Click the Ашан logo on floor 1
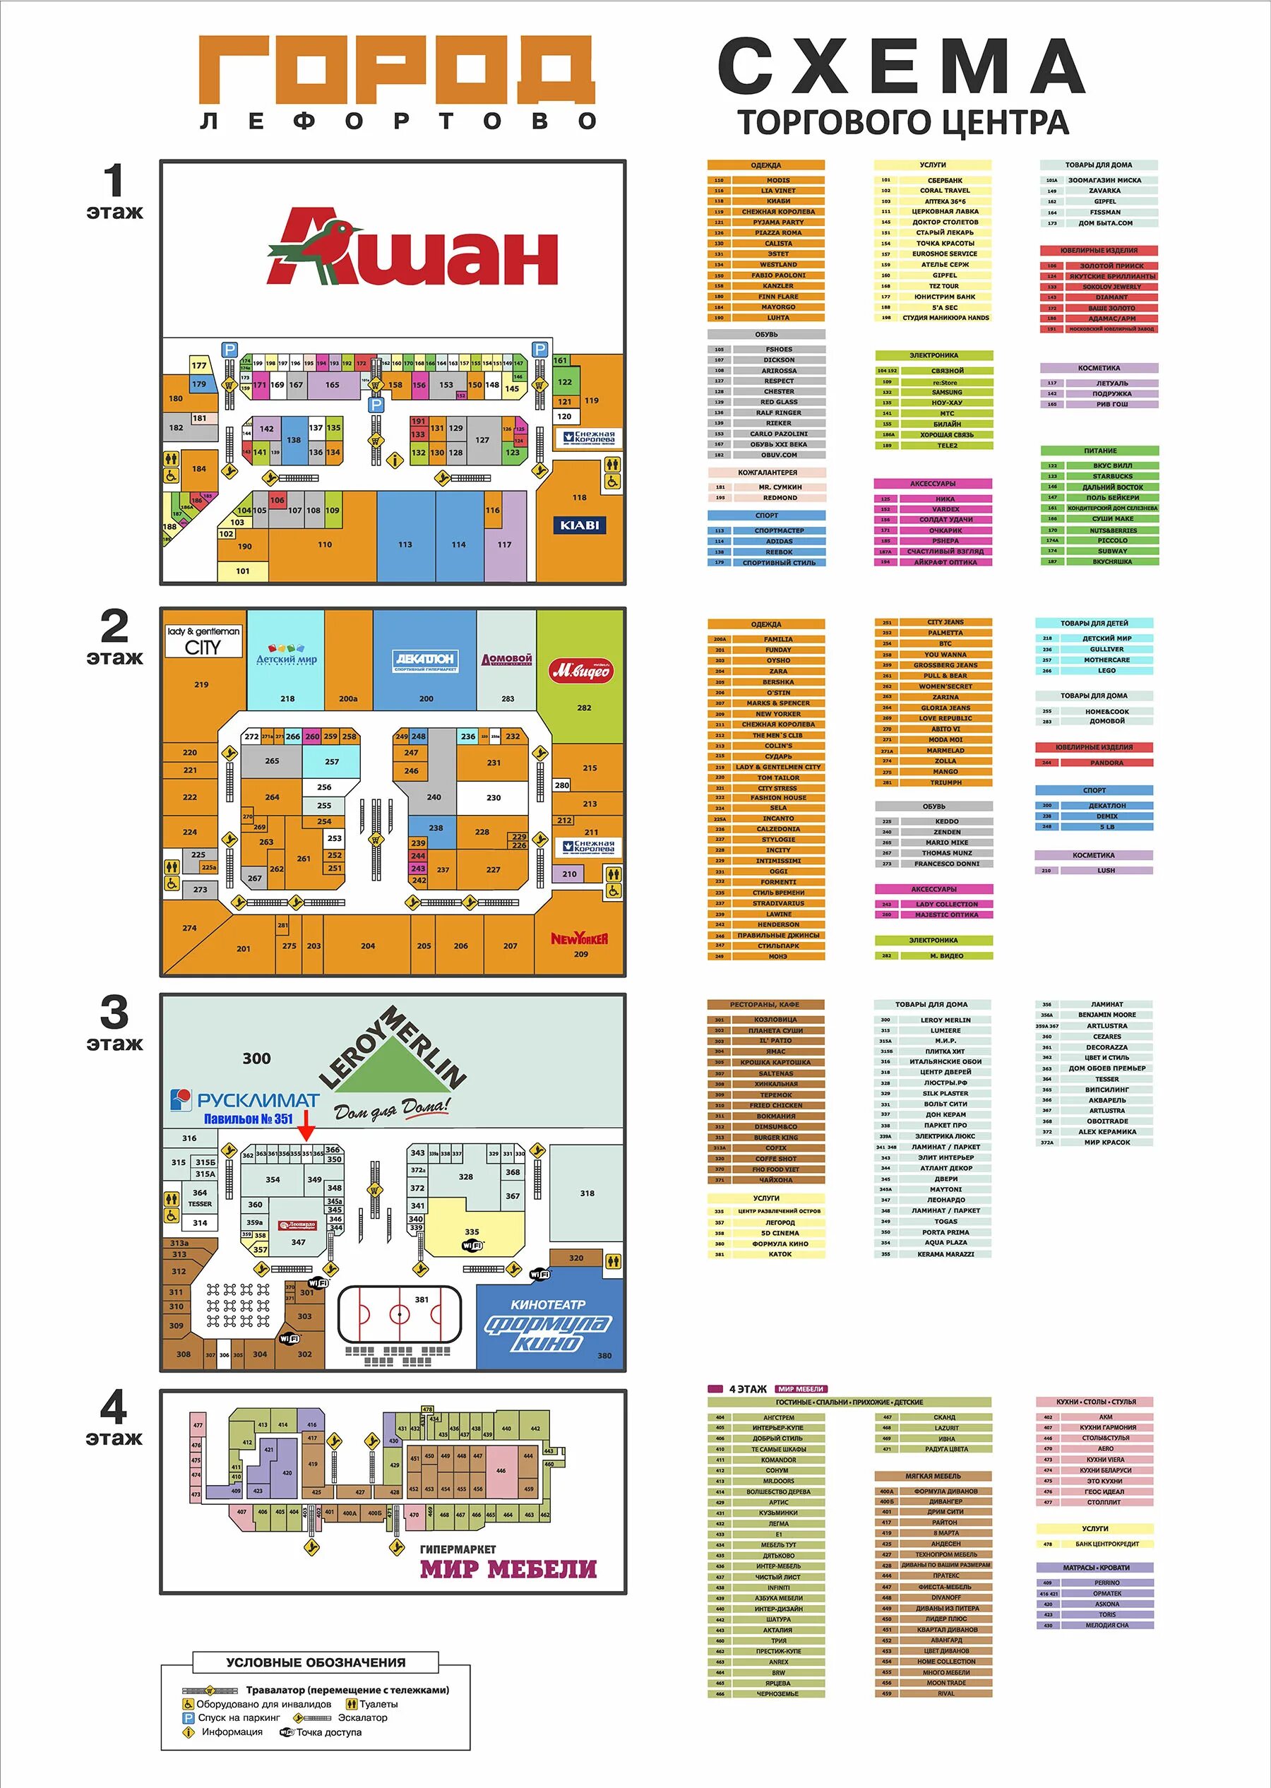click(x=412, y=248)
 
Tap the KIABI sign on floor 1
click(x=579, y=525)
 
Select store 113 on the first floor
click(x=405, y=537)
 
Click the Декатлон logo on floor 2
click(x=424, y=660)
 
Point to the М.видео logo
click(x=583, y=671)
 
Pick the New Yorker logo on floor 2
click(x=579, y=939)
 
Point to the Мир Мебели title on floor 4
click(x=508, y=1569)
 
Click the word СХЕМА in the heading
click(x=901, y=67)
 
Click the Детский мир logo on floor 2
click(x=287, y=655)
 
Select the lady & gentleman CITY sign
click(x=203, y=641)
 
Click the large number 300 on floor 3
click(x=257, y=1059)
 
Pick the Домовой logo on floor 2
click(x=507, y=659)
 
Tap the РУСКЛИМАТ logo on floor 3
click(x=245, y=1100)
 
